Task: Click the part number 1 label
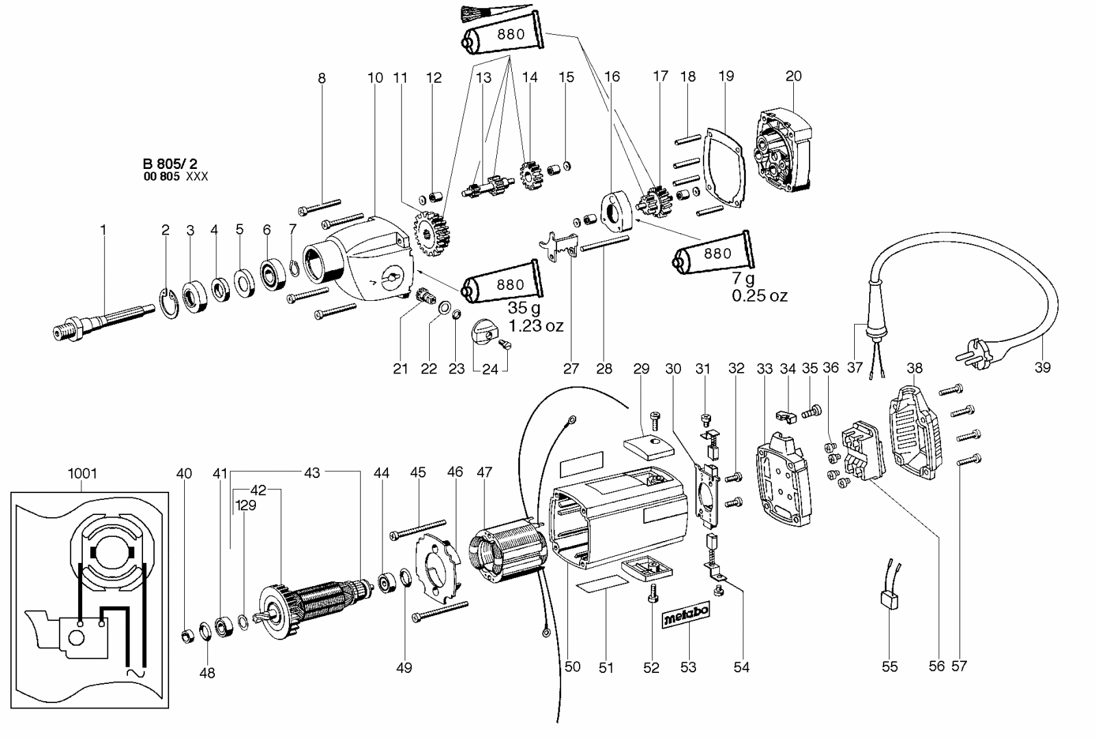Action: point(103,230)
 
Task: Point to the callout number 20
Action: point(793,76)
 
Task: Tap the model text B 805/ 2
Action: point(170,163)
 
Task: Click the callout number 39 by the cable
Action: point(1042,367)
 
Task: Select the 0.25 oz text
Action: point(759,295)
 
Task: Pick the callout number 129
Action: point(246,505)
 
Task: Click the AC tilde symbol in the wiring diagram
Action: point(134,673)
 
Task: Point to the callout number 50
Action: point(572,666)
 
